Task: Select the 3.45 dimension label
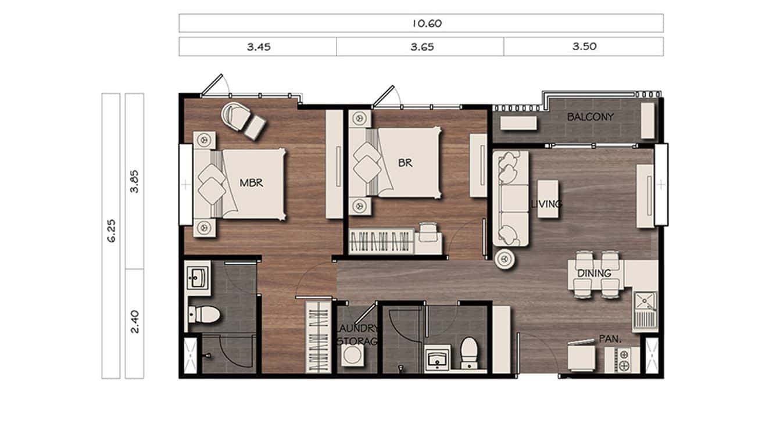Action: (x=257, y=47)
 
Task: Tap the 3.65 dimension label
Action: (x=420, y=47)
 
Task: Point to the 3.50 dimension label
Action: (x=584, y=47)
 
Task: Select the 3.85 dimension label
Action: (x=135, y=181)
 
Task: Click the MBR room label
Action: (x=252, y=183)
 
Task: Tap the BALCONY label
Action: (x=591, y=117)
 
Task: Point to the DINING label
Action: (x=594, y=273)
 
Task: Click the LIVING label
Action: (x=546, y=204)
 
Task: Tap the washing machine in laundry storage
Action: (x=351, y=356)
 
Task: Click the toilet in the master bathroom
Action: (x=204, y=315)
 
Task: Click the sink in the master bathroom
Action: (x=197, y=278)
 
